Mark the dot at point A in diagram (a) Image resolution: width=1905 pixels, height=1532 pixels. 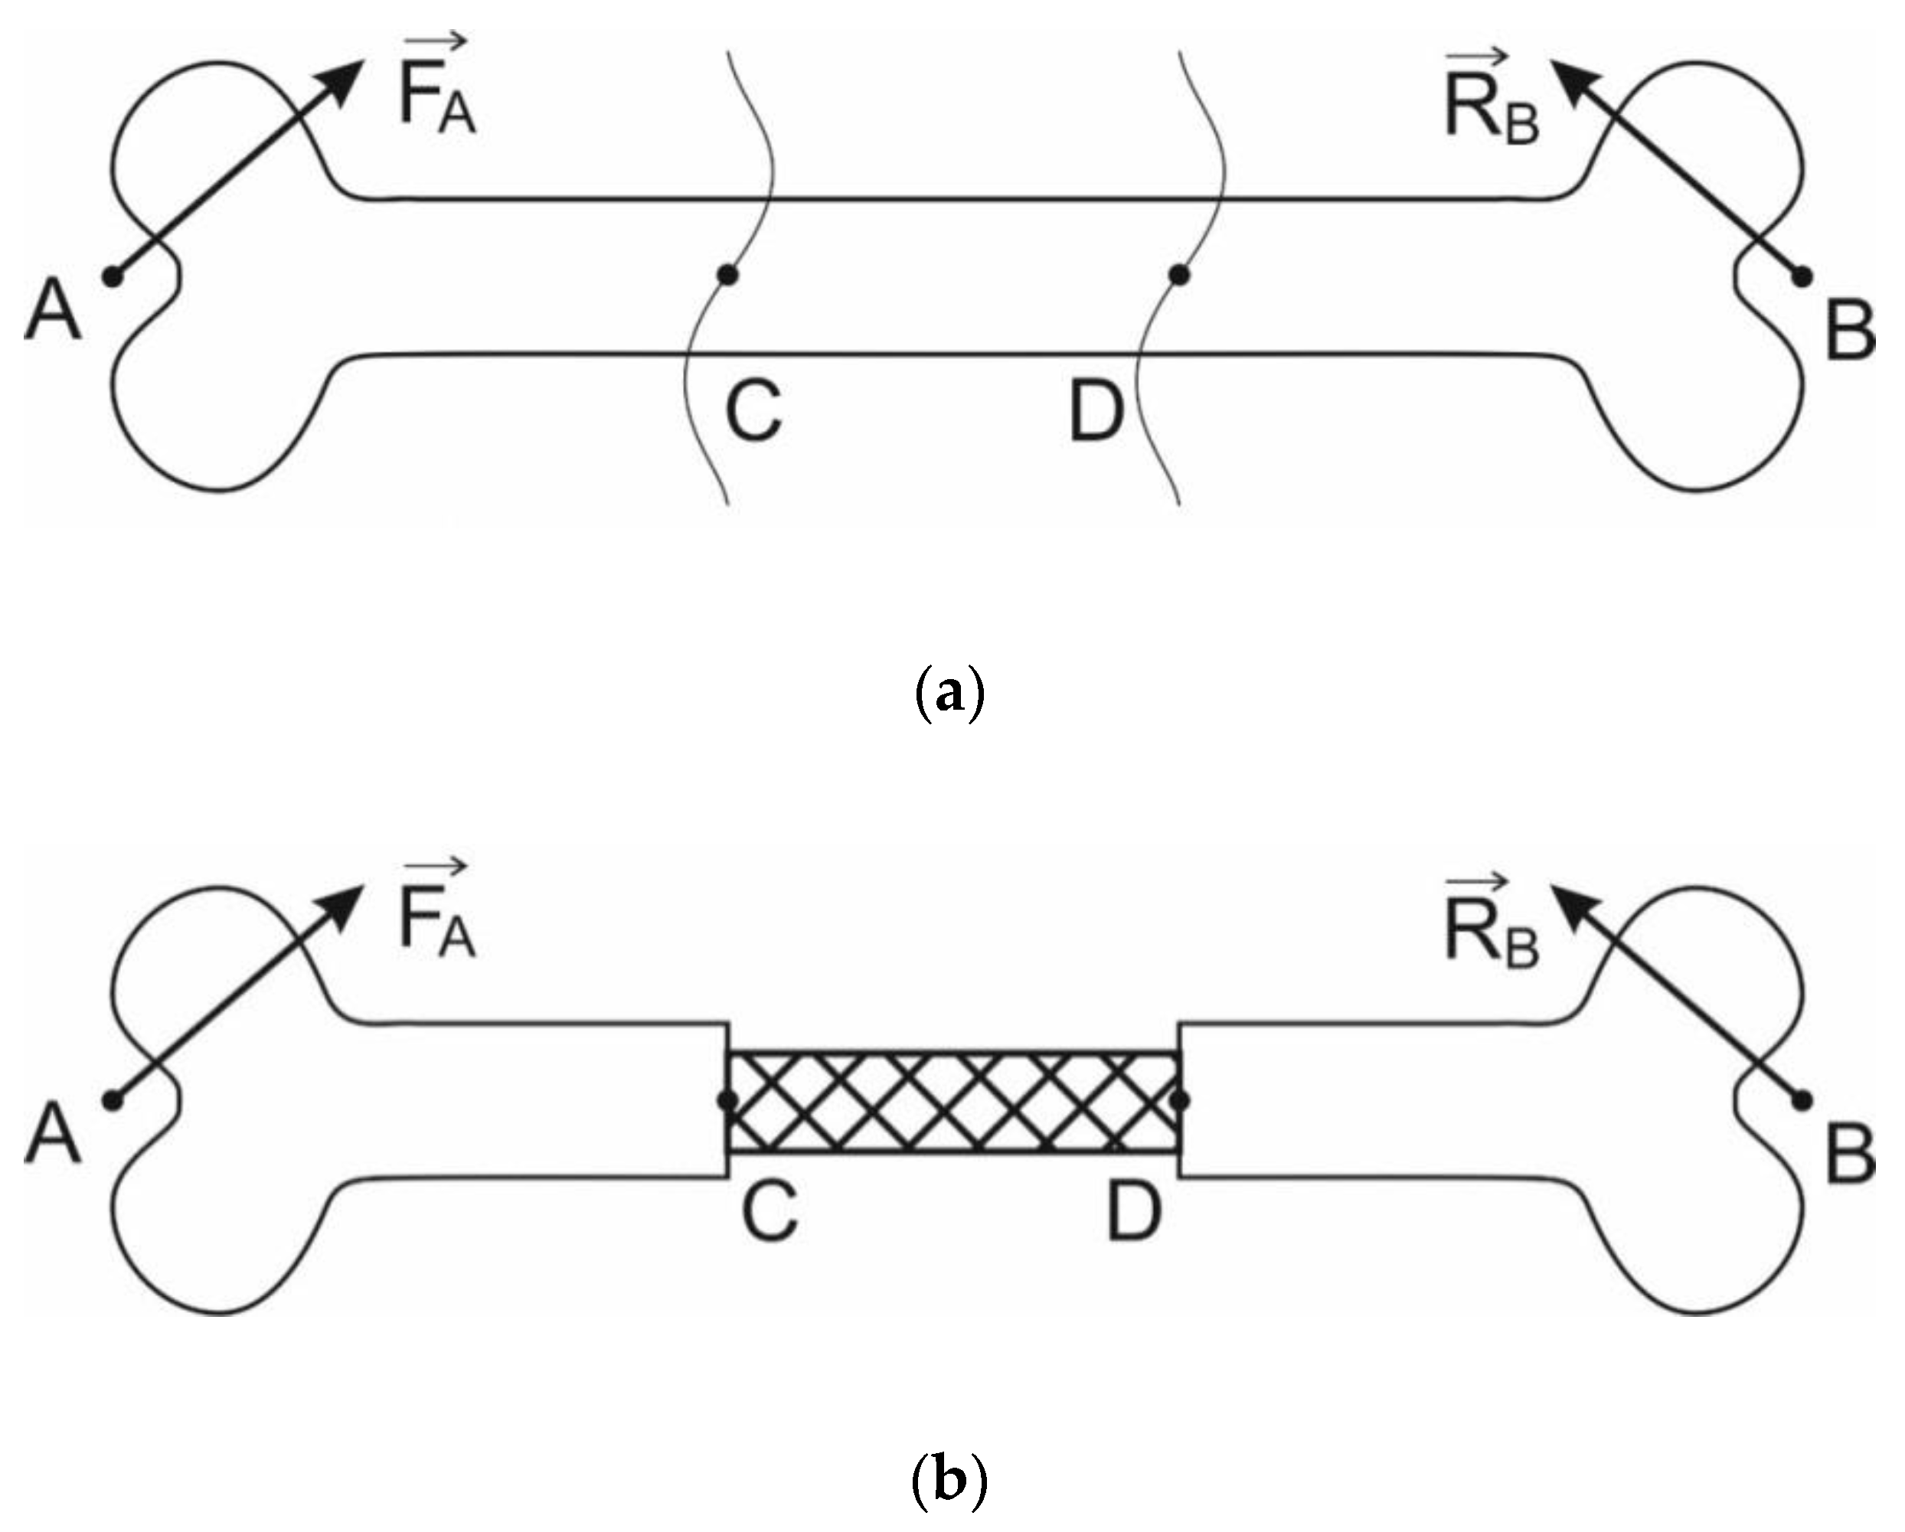tap(113, 276)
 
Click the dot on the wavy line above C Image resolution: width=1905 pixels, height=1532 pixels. tap(727, 276)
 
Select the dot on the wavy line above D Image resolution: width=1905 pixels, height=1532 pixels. tap(1178, 276)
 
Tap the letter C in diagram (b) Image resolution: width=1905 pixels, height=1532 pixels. tap(770, 1212)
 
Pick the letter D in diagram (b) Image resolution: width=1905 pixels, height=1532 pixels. tap(1134, 1212)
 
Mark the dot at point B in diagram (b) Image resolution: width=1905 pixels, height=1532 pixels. tap(1802, 1101)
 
